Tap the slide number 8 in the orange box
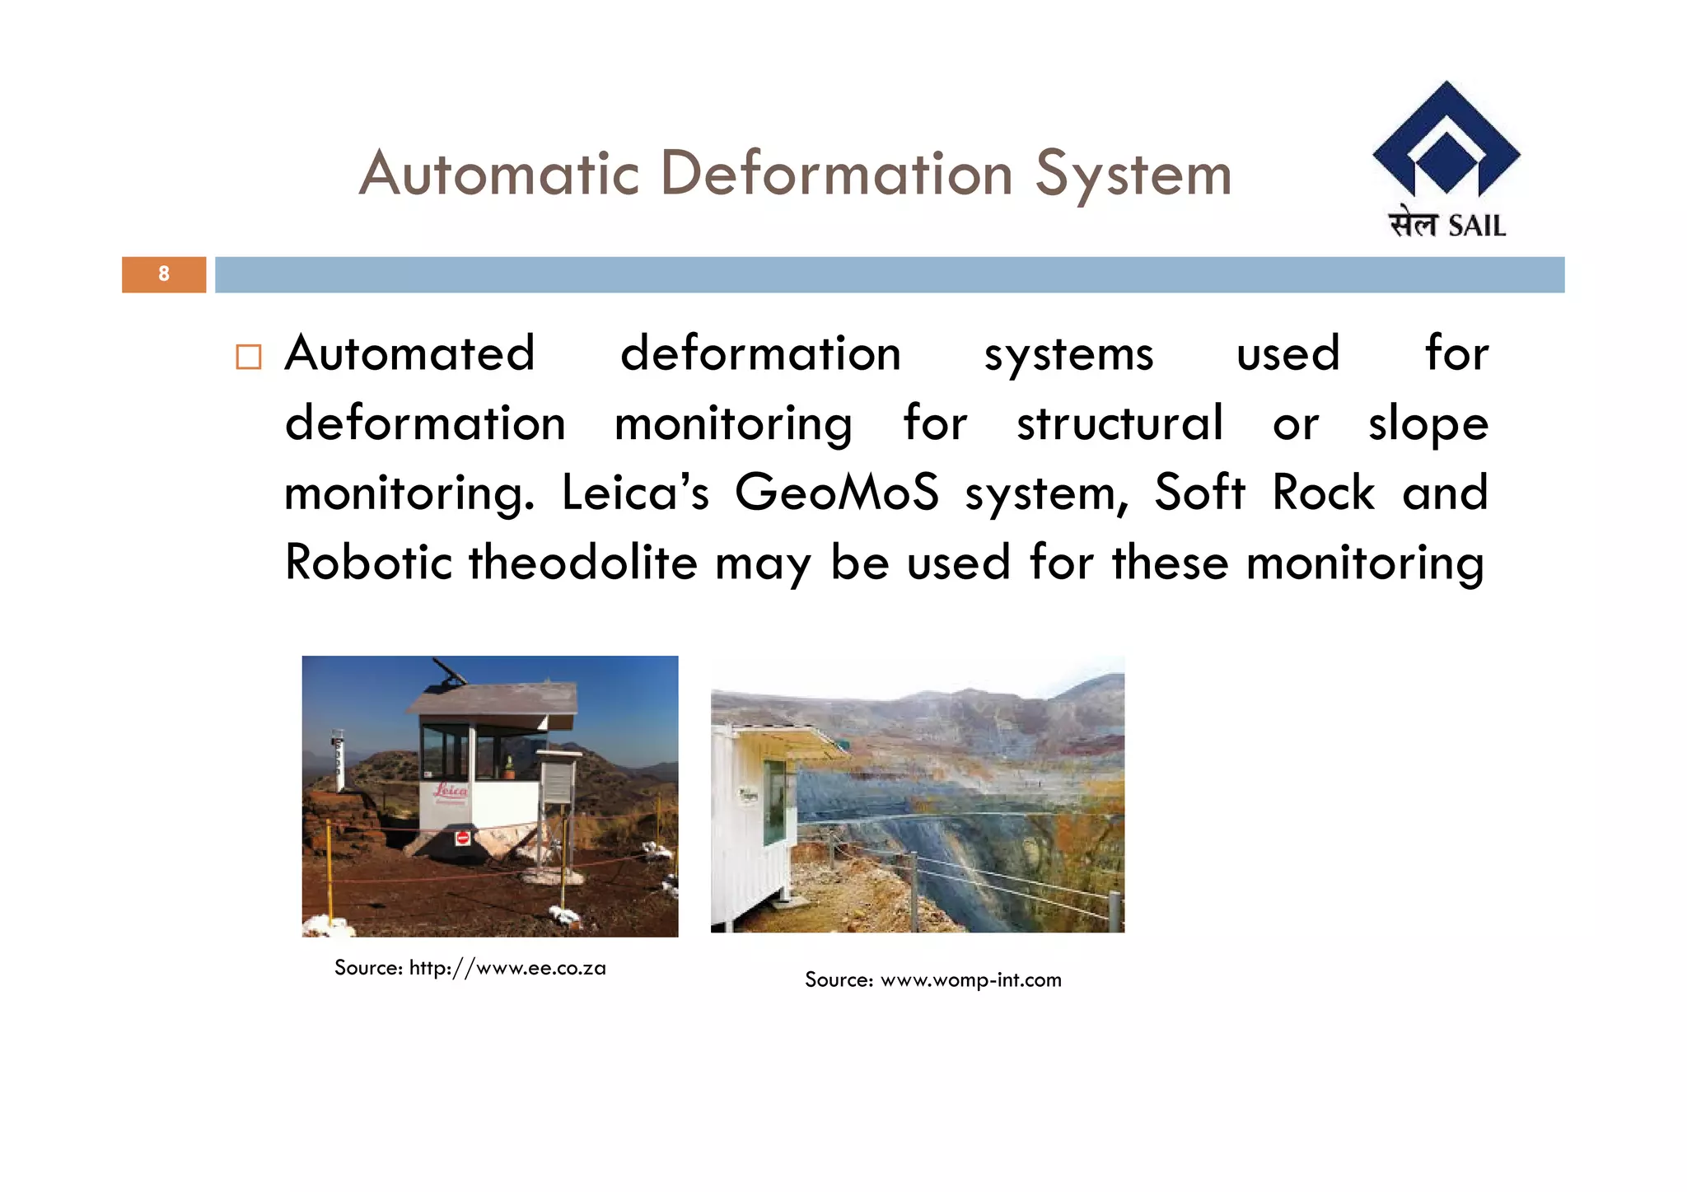pyautogui.click(x=164, y=273)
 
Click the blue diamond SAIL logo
pyautogui.click(x=1446, y=140)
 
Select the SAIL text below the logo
pyautogui.click(x=1476, y=226)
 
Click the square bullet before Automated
pyautogui.click(x=248, y=357)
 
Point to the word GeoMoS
pyautogui.click(x=836, y=493)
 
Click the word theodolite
pyautogui.click(x=583, y=563)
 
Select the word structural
pyautogui.click(x=1119, y=423)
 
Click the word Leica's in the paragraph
pyautogui.click(x=634, y=493)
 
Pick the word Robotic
pyautogui.click(x=368, y=563)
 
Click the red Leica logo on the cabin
pyautogui.click(x=451, y=791)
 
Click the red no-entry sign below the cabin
pyautogui.click(x=463, y=838)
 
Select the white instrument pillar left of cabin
pyautogui.click(x=337, y=760)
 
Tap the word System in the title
pyautogui.click(x=1133, y=175)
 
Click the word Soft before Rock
pyautogui.click(x=1199, y=493)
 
